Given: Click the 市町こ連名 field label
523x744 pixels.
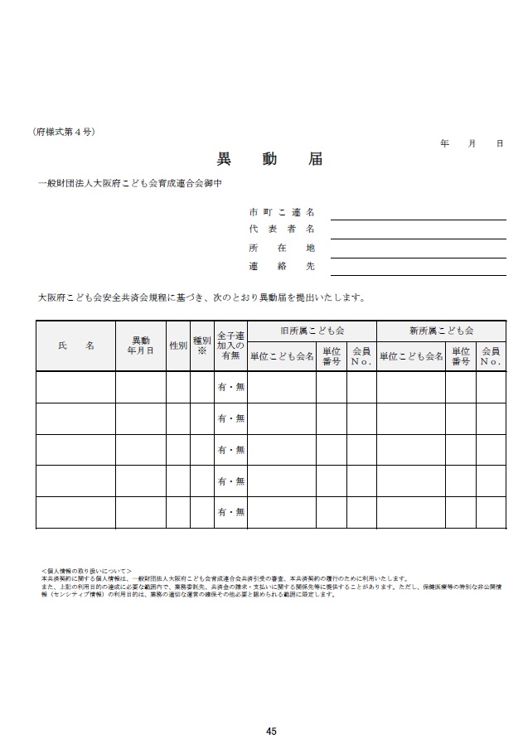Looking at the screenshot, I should click(x=282, y=212).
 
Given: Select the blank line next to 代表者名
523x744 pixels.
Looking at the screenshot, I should click(x=418, y=229).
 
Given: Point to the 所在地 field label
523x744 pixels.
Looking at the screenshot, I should click(x=282, y=248).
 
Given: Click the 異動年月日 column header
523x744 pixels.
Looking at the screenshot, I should click(x=140, y=345).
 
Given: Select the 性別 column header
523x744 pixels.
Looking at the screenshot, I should click(x=177, y=345).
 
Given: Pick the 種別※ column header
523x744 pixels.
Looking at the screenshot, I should click(x=201, y=345).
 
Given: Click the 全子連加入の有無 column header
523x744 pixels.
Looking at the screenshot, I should click(x=230, y=345).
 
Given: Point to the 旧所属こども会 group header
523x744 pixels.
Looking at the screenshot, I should click(x=312, y=330).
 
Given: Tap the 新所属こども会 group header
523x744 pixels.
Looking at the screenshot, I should click(x=441, y=330).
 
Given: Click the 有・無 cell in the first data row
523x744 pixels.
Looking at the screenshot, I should click(x=230, y=387).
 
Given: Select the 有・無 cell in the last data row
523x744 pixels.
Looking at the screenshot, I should click(x=230, y=513).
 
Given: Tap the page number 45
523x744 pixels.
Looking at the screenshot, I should click(x=271, y=731).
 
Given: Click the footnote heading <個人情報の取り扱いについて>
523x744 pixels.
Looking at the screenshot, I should click(x=86, y=572).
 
